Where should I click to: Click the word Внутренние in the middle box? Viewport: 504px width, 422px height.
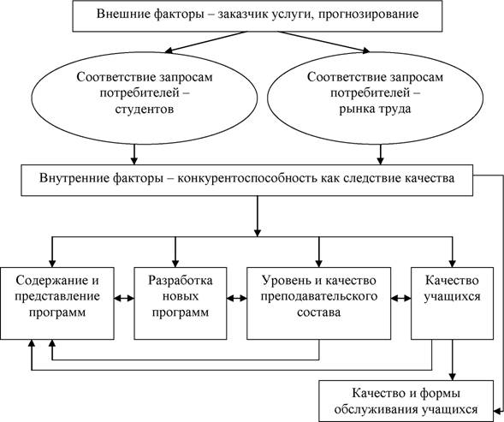coord(71,179)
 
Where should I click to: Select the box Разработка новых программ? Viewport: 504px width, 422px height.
coord(175,297)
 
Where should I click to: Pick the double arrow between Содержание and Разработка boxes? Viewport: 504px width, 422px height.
coord(125,298)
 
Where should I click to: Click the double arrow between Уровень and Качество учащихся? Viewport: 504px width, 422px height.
coord(400,298)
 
